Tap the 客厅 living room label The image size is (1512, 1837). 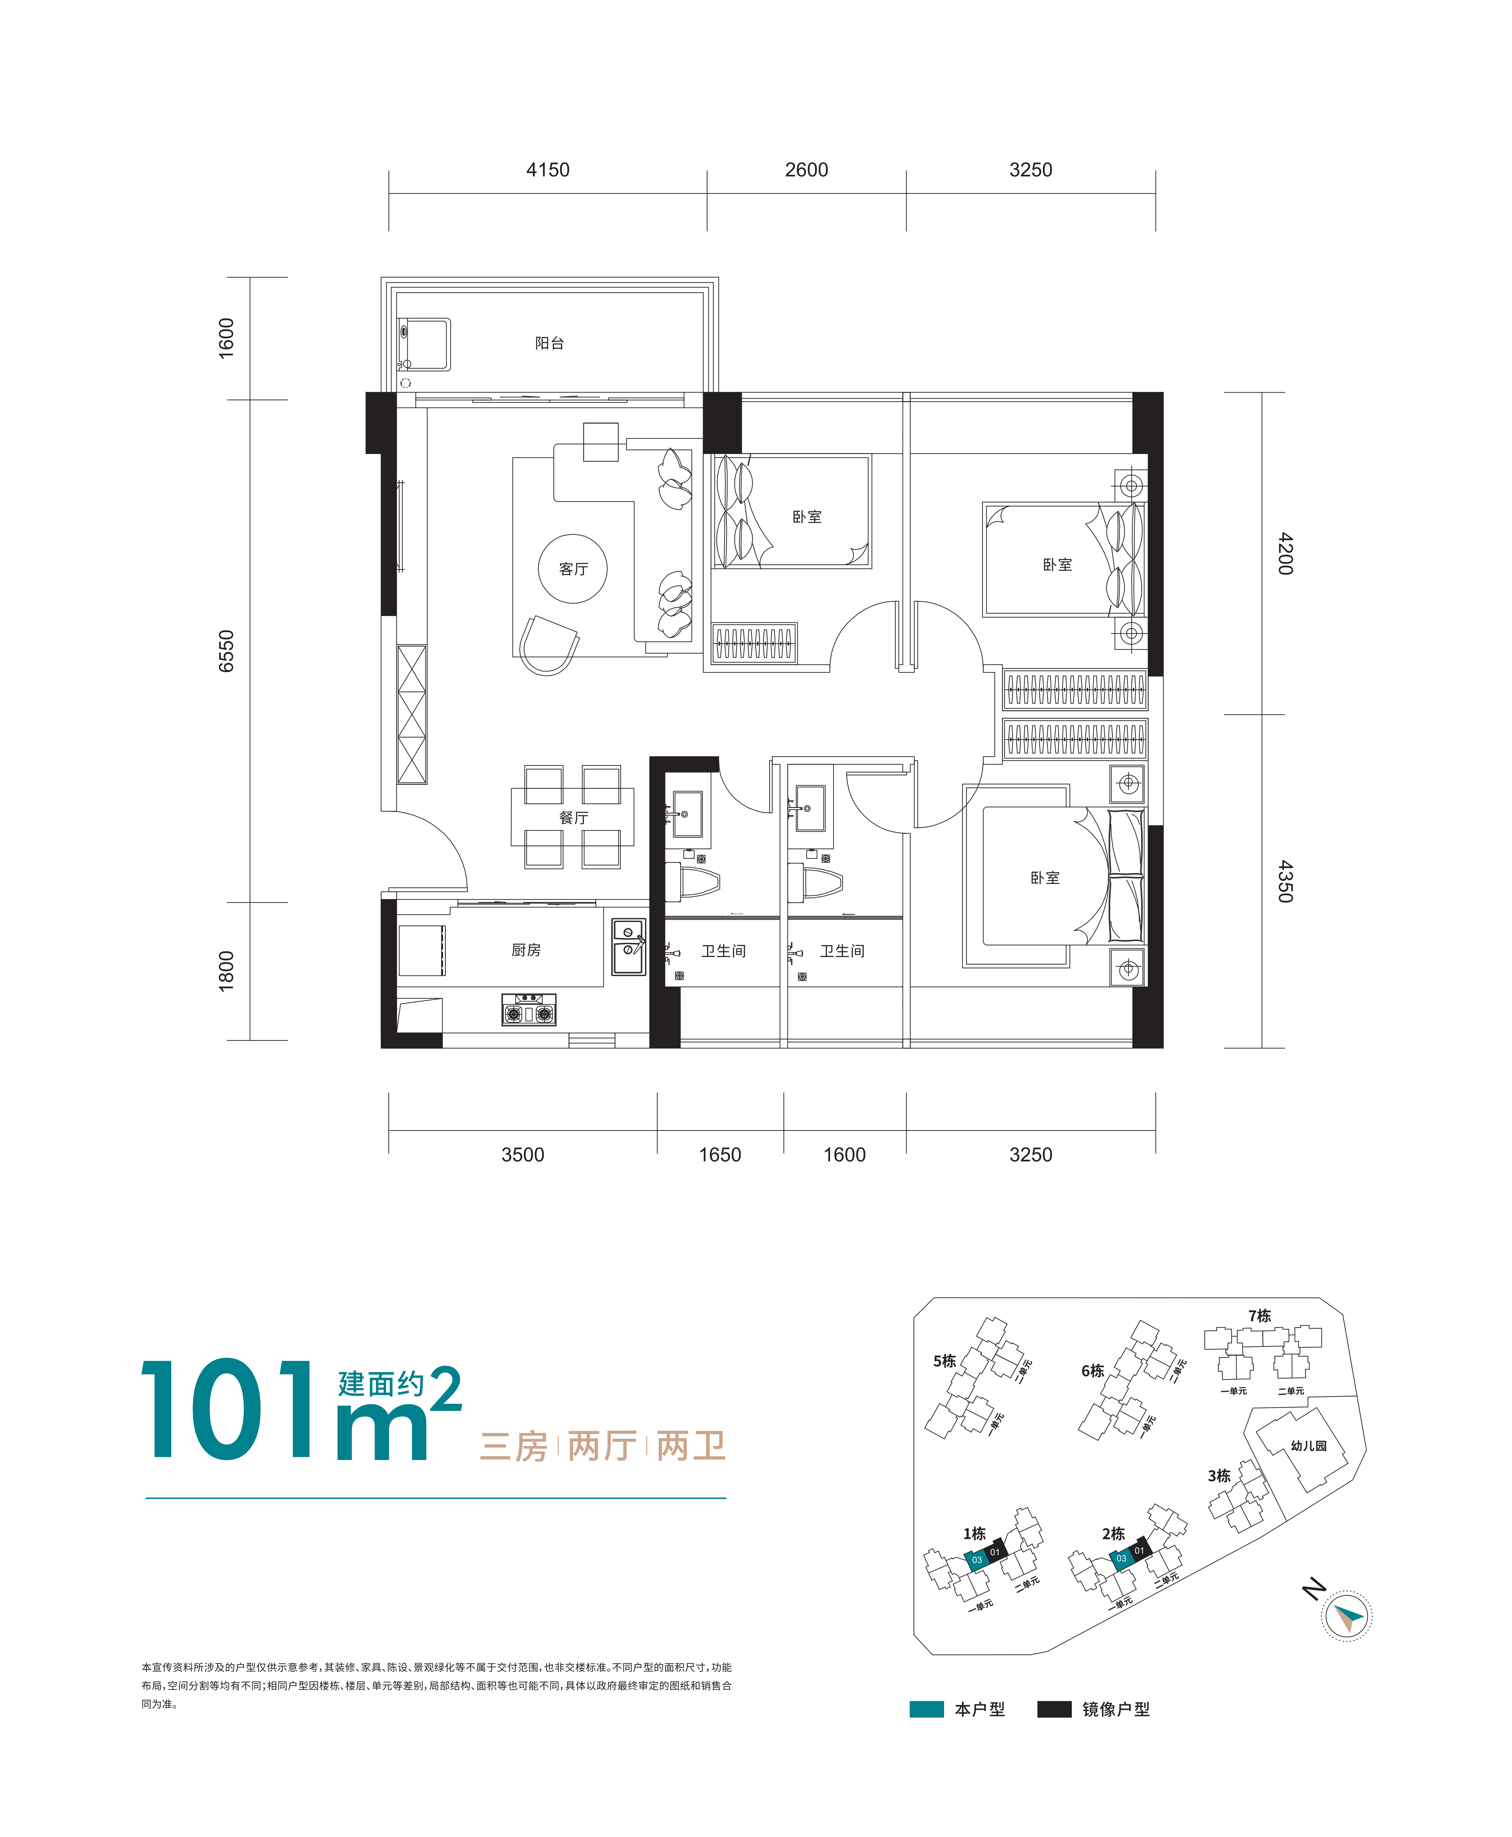[573, 569]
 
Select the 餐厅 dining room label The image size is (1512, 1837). [573, 818]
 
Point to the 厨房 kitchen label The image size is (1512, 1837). [526, 950]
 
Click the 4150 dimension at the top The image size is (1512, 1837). [548, 170]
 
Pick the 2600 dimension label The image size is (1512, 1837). [806, 170]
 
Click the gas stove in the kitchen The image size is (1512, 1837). [529, 1009]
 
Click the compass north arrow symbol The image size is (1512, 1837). [1346, 1616]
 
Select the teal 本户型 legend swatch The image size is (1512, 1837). [927, 1709]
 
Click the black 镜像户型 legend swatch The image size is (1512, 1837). [1054, 1709]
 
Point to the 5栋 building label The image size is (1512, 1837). [944, 1361]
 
